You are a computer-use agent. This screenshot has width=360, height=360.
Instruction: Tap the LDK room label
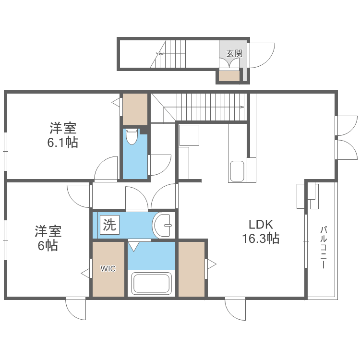(x=261, y=225)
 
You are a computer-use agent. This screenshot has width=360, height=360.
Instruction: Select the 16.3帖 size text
(x=261, y=238)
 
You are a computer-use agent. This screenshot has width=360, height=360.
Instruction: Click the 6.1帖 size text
(x=62, y=142)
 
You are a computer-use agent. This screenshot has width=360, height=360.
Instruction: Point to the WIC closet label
(x=108, y=269)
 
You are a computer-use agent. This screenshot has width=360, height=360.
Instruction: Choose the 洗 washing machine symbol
(x=110, y=225)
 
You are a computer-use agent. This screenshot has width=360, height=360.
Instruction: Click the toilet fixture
(x=131, y=136)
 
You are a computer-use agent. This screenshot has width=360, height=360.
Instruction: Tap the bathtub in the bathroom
(x=151, y=283)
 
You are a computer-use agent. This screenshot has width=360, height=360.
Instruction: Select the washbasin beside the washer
(x=163, y=225)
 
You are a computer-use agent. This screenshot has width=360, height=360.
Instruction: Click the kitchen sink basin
(x=237, y=171)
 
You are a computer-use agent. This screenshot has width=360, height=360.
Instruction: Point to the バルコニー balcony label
(x=324, y=247)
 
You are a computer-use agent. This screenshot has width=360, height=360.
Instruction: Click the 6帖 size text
(x=48, y=245)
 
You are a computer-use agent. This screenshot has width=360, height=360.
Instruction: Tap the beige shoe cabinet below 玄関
(x=229, y=76)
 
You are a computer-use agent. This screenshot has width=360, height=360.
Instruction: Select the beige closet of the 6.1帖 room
(x=135, y=109)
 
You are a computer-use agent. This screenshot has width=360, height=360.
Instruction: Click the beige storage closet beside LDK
(x=192, y=269)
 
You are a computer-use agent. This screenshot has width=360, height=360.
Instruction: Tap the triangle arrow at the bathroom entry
(x=133, y=246)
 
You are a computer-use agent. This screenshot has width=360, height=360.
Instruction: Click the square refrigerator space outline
(x=189, y=135)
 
